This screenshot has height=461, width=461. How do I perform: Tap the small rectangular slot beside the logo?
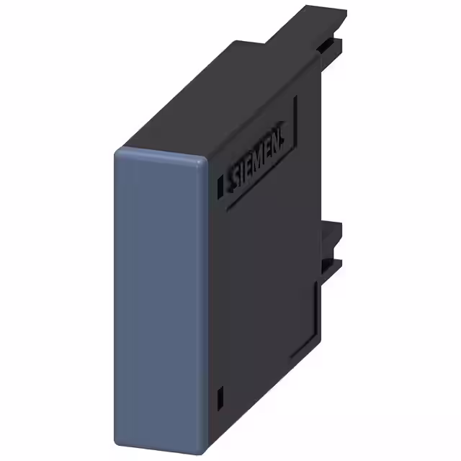[219, 186]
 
